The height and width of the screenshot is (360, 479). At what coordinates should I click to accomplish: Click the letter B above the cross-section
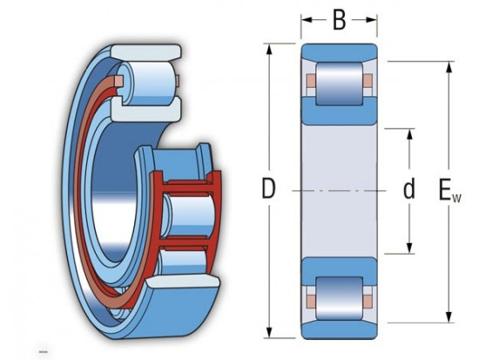(340, 19)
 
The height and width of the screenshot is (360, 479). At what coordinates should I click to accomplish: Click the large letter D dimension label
(269, 190)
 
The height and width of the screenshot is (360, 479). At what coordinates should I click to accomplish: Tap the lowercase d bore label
(408, 189)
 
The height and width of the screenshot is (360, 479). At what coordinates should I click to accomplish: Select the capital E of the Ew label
(446, 189)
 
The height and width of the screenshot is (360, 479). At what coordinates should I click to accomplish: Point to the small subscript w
(456, 197)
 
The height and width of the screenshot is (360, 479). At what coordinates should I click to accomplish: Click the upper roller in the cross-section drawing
(339, 85)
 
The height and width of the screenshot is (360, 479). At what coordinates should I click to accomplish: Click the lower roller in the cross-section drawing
(339, 294)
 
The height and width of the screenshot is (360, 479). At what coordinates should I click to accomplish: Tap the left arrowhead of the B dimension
(305, 19)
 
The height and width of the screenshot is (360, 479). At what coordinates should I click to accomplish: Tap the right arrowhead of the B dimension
(374, 19)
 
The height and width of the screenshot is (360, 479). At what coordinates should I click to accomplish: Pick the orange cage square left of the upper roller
(310, 85)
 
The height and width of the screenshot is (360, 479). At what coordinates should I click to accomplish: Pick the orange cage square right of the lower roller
(368, 294)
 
